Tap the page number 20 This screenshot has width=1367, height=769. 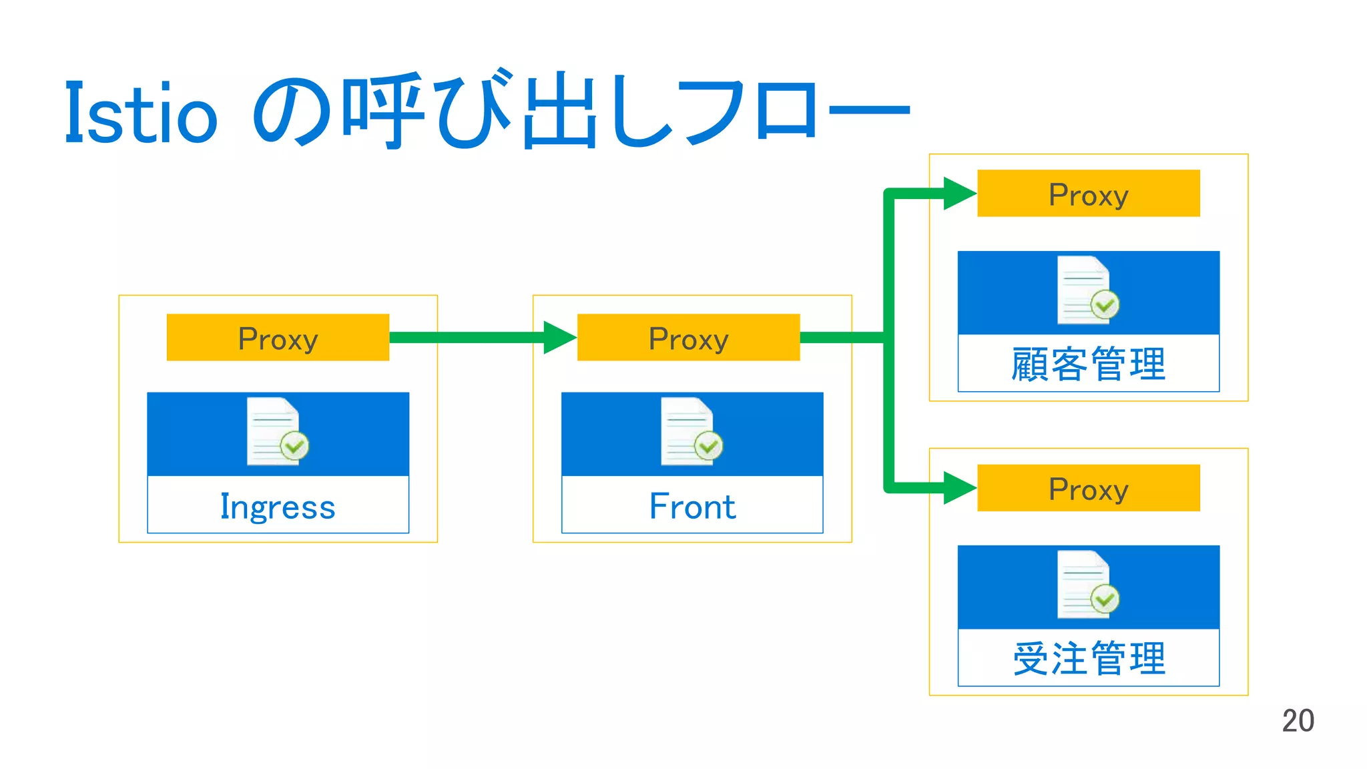[x=1298, y=721]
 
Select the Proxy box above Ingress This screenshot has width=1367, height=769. [x=278, y=338]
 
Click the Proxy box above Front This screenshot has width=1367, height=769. [x=688, y=338]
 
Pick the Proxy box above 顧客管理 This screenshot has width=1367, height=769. [x=1088, y=194]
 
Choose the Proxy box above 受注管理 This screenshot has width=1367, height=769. [x=1088, y=488]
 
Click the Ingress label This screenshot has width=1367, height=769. [x=278, y=506]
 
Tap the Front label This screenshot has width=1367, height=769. [x=692, y=506]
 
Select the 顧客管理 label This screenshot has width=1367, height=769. [x=1088, y=364]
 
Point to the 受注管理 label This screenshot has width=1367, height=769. [x=1088, y=659]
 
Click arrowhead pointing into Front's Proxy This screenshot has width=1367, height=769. [x=559, y=338]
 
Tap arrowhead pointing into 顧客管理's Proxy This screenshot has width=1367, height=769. [x=959, y=194]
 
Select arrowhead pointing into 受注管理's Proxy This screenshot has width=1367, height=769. [x=959, y=488]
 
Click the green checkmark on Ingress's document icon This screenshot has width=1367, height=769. [x=294, y=446]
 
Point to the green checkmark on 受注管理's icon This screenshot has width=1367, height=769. [x=1105, y=599]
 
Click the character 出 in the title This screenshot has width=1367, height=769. [x=559, y=112]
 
